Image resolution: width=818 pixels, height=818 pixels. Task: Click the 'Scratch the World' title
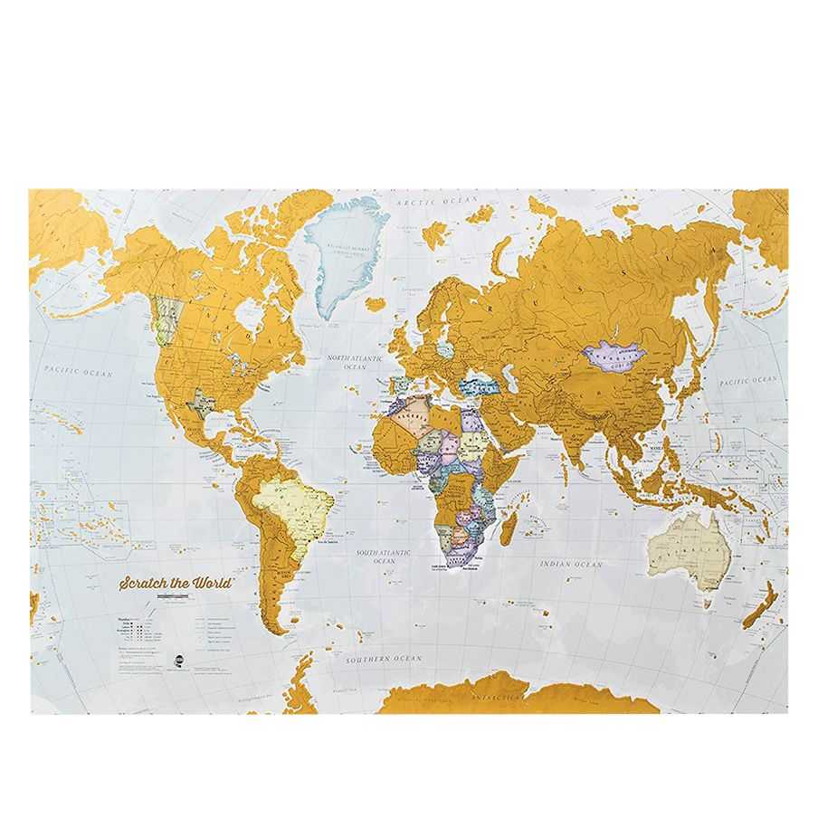click(x=176, y=583)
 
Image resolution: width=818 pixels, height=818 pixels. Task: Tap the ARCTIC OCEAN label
click(x=431, y=200)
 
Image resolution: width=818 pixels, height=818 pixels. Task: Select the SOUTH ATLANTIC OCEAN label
click(x=384, y=556)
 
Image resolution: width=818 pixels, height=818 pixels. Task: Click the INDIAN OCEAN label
click(x=571, y=565)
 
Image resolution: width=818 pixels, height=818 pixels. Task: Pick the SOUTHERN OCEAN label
click(x=381, y=660)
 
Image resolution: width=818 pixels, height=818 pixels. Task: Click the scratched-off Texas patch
click(x=200, y=402)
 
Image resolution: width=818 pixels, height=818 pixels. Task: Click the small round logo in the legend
click(x=179, y=658)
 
